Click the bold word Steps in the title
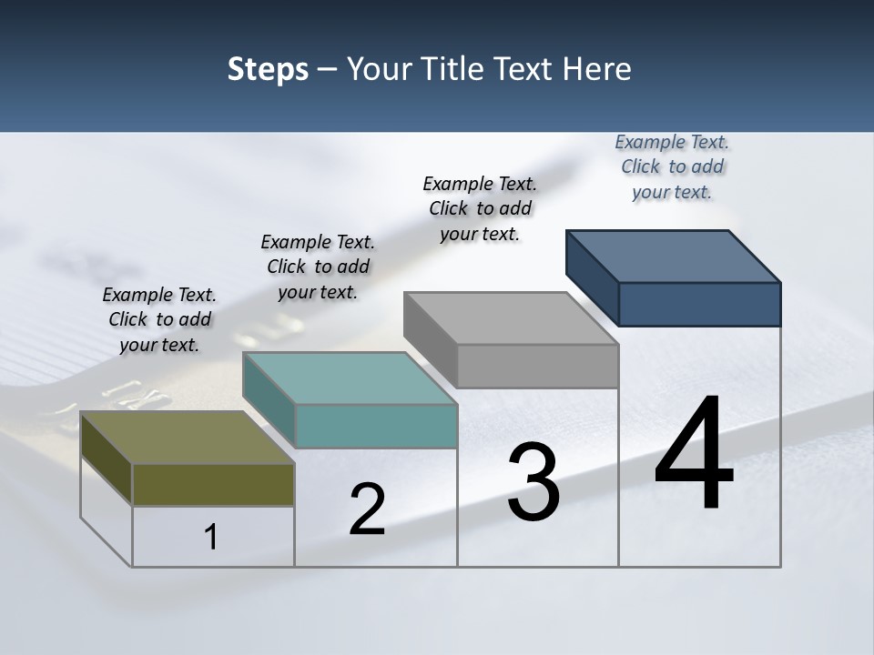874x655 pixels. pyautogui.click(x=268, y=69)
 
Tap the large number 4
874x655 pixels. pyautogui.click(x=694, y=456)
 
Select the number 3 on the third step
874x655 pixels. pyautogui.click(x=534, y=483)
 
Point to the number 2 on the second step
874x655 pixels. pyautogui.click(x=367, y=510)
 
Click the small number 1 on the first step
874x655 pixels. pyautogui.click(x=210, y=538)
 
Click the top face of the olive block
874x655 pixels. pyautogui.click(x=187, y=438)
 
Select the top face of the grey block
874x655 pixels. pyautogui.click(x=511, y=318)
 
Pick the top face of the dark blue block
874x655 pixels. pyautogui.click(x=673, y=257)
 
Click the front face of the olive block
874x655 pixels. pyautogui.click(x=213, y=485)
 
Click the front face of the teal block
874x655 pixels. pyautogui.click(x=376, y=427)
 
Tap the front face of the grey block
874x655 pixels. pyautogui.click(x=537, y=367)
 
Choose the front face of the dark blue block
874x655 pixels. pyautogui.click(x=699, y=304)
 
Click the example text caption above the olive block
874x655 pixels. pyautogui.click(x=160, y=319)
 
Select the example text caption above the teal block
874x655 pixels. pyautogui.click(x=318, y=267)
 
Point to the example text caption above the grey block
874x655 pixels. pyautogui.click(x=480, y=208)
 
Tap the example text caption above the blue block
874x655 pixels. pyautogui.click(x=672, y=166)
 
